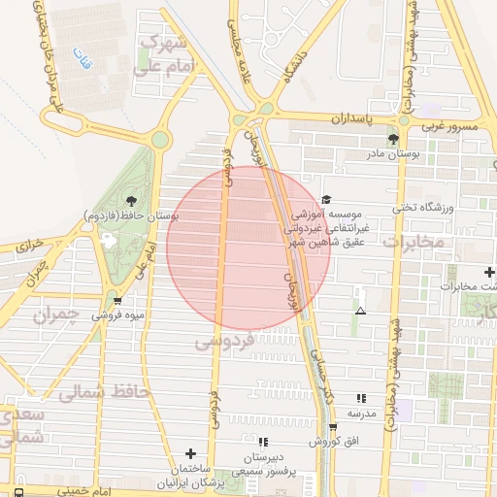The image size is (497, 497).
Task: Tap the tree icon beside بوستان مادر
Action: tap(392, 139)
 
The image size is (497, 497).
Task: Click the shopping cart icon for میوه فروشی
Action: tap(117, 300)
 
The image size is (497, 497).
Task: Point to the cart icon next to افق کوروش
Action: tap(333, 427)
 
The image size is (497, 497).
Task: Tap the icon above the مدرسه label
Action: tap(361, 398)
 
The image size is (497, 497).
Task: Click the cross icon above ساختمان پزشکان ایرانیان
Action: tap(190, 453)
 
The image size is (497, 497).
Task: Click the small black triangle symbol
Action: tap(361, 312)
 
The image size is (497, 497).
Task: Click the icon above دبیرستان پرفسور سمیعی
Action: tap(263, 442)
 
